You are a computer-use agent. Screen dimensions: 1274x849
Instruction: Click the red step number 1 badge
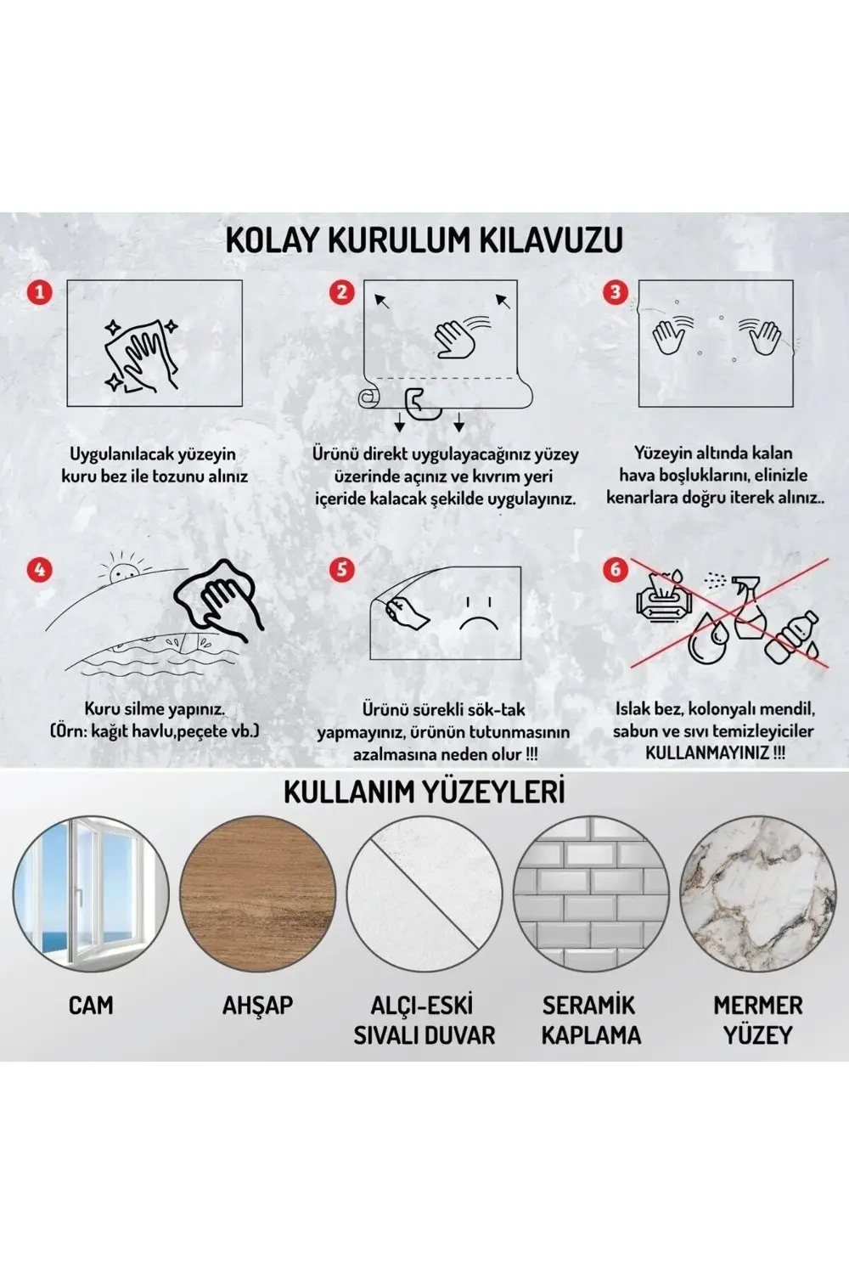tap(39, 292)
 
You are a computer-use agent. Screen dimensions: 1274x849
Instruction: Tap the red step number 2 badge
tap(341, 292)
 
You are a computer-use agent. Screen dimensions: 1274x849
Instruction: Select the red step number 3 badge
tap(616, 292)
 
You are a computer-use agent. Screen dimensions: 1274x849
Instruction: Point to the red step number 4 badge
tap(39, 568)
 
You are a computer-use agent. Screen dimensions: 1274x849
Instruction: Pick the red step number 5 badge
tap(341, 568)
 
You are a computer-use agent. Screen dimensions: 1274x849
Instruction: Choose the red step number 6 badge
tap(616, 568)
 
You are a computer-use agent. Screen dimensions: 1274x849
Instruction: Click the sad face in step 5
tap(476, 614)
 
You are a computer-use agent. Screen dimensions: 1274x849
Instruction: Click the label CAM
tap(91, 1006)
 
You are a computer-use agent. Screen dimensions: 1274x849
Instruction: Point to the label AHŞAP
tap(257, 1006)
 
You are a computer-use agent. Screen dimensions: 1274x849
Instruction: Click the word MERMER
tap(758, 1006)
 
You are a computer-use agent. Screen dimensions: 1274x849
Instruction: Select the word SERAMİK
tap(589, 1006)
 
